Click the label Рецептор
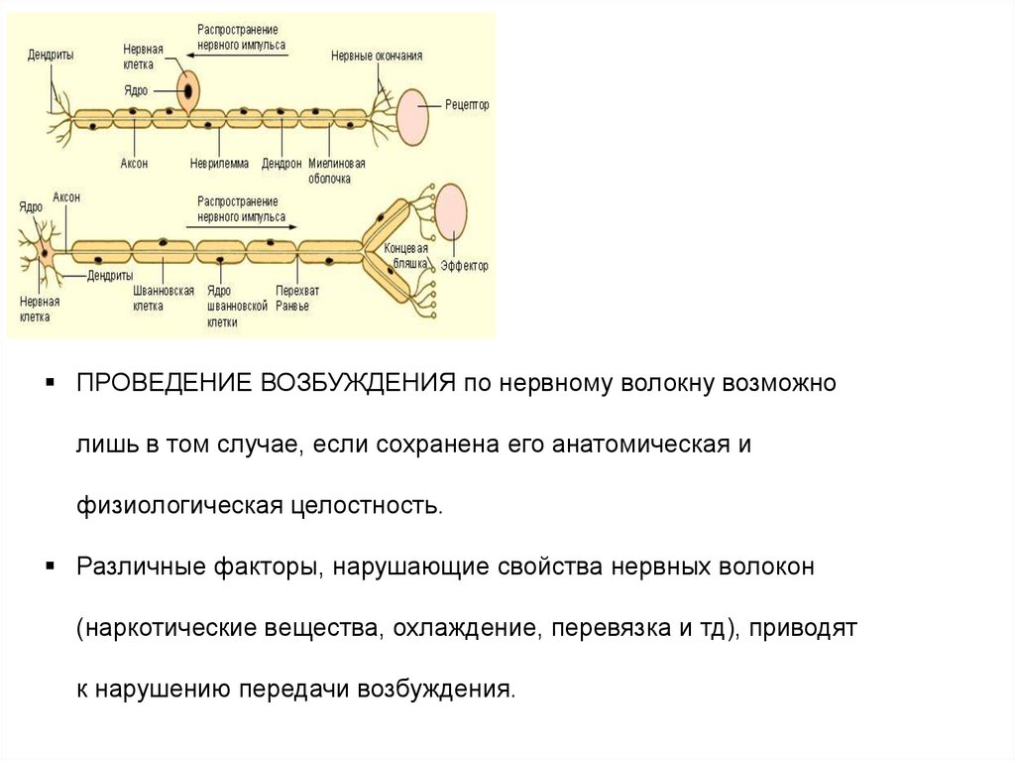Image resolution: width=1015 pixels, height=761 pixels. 467,104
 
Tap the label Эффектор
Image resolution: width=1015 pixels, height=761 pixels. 464,266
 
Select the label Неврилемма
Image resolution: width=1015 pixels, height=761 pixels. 219,163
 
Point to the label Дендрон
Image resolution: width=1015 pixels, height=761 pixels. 282,163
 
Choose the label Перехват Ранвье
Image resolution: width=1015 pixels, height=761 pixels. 292,299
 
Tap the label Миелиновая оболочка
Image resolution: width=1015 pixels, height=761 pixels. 337,171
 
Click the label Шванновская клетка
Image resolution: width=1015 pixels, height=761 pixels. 163,299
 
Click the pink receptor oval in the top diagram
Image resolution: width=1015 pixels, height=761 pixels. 413,116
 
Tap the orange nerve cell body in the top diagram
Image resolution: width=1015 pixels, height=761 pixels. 187,90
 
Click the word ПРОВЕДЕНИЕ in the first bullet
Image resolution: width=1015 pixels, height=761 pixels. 166,384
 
